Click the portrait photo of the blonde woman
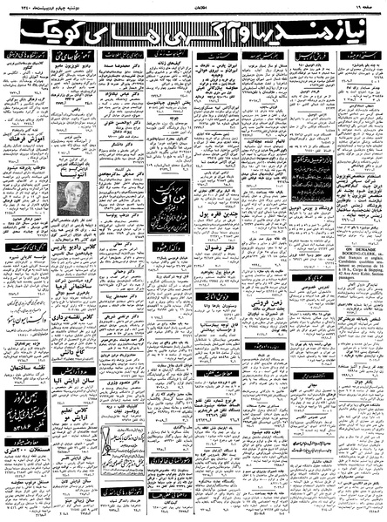pos(71,199)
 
